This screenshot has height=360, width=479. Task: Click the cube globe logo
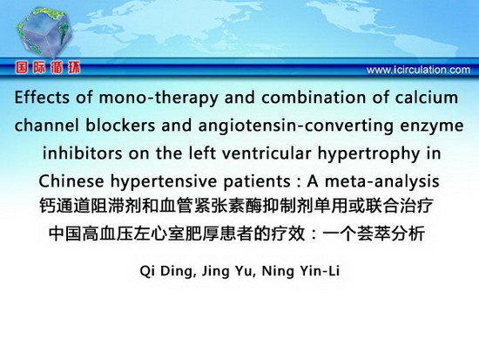[44, 32]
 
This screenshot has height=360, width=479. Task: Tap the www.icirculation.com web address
[418, 70]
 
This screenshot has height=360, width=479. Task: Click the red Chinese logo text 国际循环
[48, 67]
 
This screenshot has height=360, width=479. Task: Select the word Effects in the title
[42, 98]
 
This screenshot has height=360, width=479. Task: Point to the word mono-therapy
[159, 98]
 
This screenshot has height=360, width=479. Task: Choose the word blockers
[120, 126]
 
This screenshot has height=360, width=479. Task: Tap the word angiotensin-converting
[296, 126]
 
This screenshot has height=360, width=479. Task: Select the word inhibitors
[82, 153]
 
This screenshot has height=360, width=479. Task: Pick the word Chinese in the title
[71, 181]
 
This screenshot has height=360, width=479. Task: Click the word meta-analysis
[382, 182]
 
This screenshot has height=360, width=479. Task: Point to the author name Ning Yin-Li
[300, 271]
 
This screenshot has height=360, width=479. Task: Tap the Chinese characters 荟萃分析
[391, 234]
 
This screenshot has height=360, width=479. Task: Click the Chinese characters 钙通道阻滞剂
[90, 206]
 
